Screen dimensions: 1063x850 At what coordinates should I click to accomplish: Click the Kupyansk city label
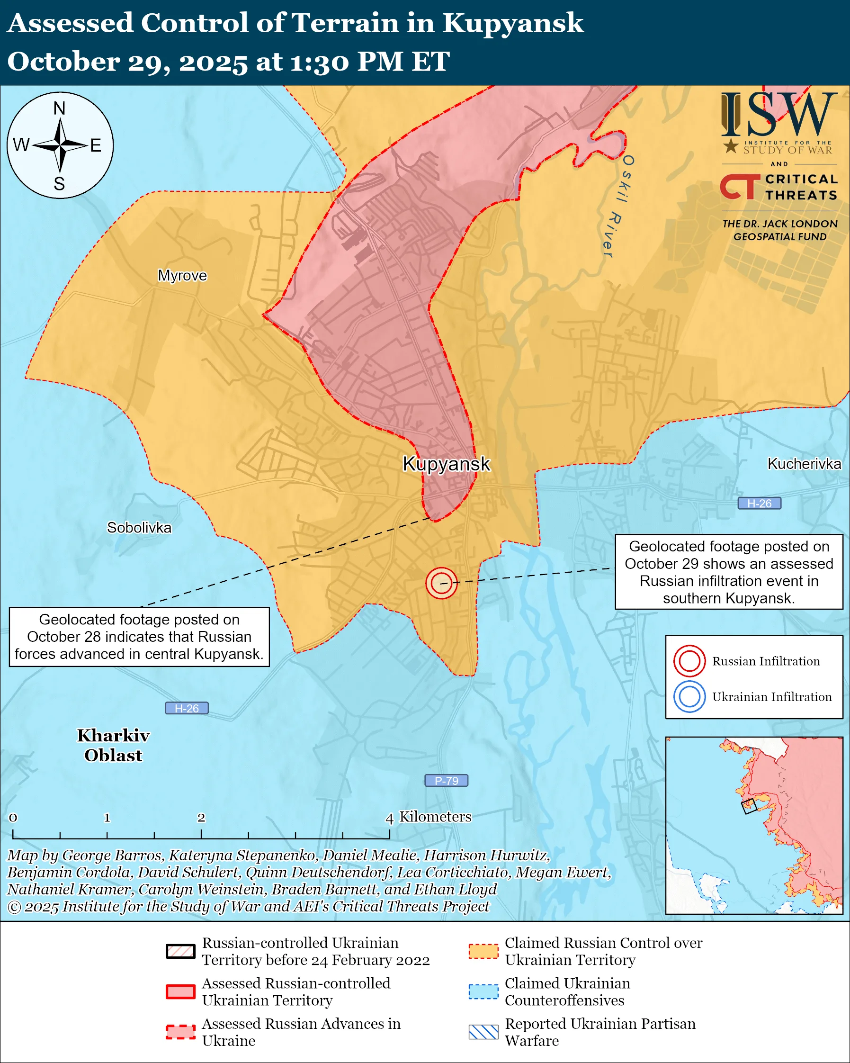(x=446, y=464)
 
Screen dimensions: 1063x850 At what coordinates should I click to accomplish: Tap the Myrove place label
(x=182, y=275)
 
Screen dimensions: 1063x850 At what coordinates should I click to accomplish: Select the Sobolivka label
(x=139, y=528)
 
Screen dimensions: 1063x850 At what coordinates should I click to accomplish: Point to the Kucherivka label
(x=804, y=464)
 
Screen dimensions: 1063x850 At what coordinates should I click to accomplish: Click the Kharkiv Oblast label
(x=113, y=745)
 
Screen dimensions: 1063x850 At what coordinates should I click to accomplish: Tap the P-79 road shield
(x=446, y=781)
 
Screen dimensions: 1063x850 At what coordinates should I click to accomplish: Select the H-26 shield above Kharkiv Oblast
(x=186, y=708)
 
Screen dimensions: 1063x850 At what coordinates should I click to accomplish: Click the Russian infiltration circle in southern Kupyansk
(x=441, y=583)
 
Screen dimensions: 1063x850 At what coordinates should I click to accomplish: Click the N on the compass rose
(x=59, y=108)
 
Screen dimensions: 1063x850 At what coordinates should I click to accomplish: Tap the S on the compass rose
(x=59, y=184)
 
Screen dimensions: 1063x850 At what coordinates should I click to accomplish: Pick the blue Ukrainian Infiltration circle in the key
(x=689, y=697)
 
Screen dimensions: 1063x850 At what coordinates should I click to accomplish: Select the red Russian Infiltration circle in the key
(x=689, y=661)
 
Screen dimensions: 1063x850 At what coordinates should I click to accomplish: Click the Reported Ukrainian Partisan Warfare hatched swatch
(x=483, y=1032)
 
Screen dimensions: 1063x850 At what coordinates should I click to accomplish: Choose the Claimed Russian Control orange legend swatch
(x=483, y=951)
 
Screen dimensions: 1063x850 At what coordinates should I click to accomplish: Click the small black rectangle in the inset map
(x=749, y=806)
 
